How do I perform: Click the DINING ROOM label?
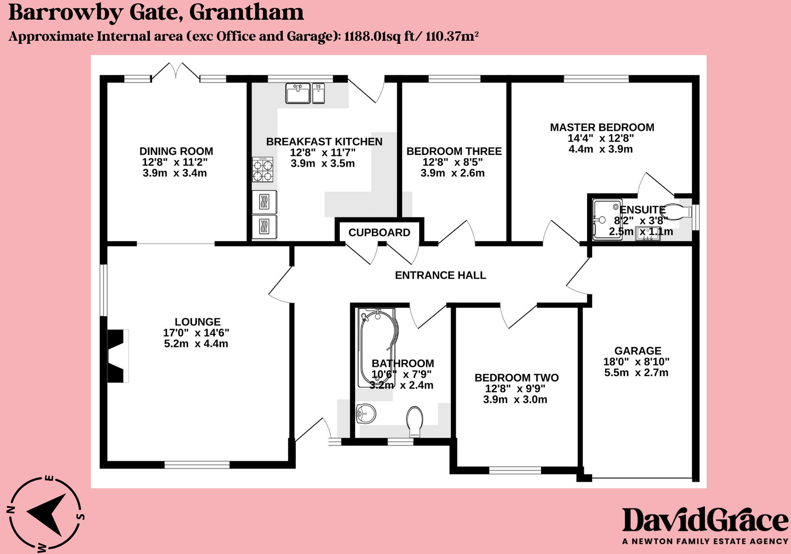(176, 151)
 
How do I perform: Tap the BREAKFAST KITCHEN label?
(324, 142)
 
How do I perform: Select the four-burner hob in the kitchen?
(263, 170)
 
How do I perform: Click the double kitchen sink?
(305, 93)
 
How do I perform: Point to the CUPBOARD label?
(379, 233)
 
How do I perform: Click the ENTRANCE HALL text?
(440, 275)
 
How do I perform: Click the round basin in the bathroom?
(365, 413)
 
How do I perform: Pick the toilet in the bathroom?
(414, 421)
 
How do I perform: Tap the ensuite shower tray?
(607, 220)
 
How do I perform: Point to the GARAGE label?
(637, 351)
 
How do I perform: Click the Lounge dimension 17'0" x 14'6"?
(196, 333)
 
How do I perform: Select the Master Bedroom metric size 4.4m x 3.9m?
(600, 149)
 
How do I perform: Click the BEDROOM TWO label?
(516, 378)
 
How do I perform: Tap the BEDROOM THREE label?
(454, 151)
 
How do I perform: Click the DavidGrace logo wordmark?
(705, 521)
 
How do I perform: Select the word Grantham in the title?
(247, 12)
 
